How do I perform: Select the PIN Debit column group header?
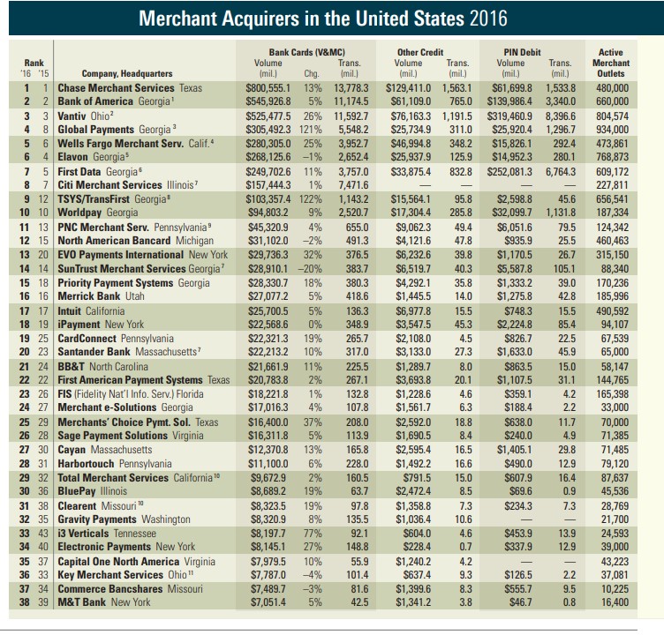tap(522, 52)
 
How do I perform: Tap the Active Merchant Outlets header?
tap(611, 63)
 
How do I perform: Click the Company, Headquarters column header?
tap(127, 73)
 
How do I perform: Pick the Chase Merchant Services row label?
tap(116, 88)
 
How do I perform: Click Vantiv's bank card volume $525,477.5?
tap(268, 116)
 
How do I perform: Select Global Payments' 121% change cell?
tap(311, 130)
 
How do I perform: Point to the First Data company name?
tap(79, 172)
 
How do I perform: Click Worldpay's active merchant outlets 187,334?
tap(612, 213)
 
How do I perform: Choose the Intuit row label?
tap(69, 311)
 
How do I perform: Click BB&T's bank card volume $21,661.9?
tap(268, 367)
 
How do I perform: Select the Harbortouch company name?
tap(86, 464)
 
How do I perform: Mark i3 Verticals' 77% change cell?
tap(313, 534)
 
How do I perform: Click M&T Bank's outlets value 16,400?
tap(615, 602)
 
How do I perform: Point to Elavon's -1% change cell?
tap(312, 157)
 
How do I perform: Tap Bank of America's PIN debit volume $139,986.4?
tap(509, 101)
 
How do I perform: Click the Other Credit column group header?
tap(420, 52)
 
